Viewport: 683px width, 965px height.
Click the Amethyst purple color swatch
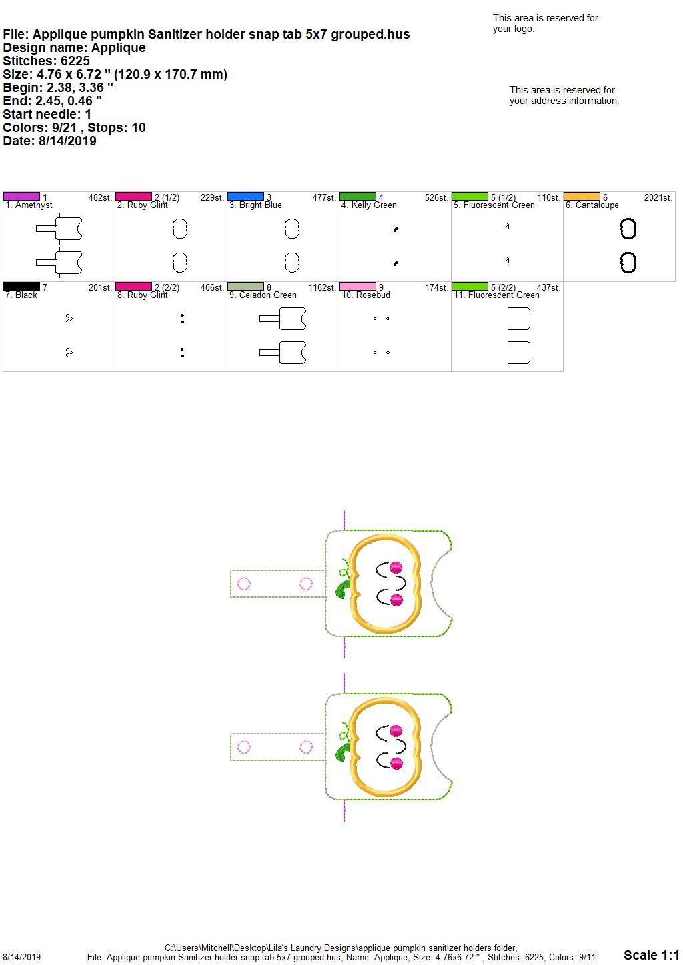point(21,197)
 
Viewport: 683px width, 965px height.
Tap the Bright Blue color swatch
point(245,197)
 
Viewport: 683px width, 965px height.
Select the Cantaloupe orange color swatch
point(582,197)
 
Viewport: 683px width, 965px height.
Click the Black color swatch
point(21,286)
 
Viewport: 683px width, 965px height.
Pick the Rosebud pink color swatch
point(358,286)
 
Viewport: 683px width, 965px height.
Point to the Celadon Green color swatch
point(245,286)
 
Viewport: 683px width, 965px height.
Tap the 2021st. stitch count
point(658,197)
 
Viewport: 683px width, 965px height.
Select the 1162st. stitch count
point(322,287)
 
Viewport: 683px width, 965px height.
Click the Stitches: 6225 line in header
point(46,61)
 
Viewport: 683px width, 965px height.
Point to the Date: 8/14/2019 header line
point(49,141)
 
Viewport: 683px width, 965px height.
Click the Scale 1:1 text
point(652,955)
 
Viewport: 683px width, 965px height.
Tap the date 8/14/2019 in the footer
point(21,957)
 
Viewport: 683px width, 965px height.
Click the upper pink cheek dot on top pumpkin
point(396,567)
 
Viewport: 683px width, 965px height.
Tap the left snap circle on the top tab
point(244,584)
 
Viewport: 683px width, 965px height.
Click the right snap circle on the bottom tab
point(306,746)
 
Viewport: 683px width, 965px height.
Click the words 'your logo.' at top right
point(513,29)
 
